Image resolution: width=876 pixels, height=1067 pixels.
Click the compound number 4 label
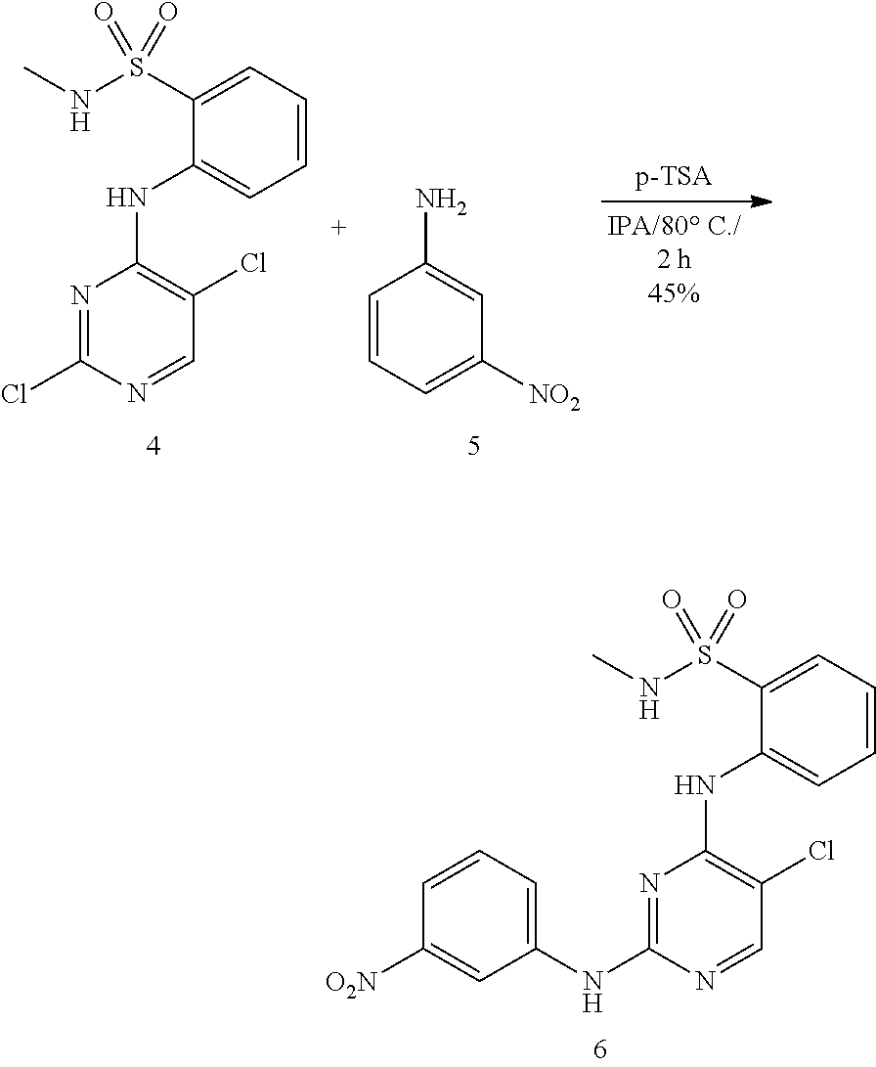[x=153, y=446]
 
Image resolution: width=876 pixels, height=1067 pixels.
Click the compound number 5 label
[x=473, y=446]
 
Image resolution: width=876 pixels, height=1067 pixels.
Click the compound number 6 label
[x=599, y=1048]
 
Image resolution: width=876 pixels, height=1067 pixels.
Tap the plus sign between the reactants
[x=338, y=227]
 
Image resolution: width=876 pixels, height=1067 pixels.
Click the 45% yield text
[x=673, y=293]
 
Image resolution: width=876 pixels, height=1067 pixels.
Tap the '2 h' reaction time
[x=674, y=260]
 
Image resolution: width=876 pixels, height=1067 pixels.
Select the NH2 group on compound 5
[x=441, y=202]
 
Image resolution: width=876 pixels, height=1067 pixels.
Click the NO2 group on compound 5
[x=554, y=396]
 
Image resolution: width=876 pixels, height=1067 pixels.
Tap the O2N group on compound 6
[x=351, y=982]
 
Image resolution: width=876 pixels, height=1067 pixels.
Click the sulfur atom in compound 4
[x=138, y=68]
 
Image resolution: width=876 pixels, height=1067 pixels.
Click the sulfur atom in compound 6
[x=707, y=657]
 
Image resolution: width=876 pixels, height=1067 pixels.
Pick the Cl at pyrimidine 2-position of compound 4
[x=14, y=394]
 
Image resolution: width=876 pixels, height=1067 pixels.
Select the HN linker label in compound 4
[x=126, y=198]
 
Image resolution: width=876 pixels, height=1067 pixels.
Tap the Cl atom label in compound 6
[x=821, y=851]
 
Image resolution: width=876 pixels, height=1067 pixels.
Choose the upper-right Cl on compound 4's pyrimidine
[x=253, y=262]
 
